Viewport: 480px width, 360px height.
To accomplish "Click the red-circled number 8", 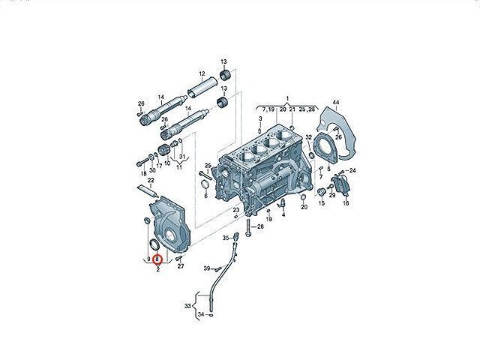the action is [x=157, y=259].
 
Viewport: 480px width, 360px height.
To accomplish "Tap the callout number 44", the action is [x=336, y=102].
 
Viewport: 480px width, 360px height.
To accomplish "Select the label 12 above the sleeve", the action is [x=202, y=73].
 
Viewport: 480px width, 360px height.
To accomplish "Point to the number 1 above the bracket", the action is [x=287, y=98].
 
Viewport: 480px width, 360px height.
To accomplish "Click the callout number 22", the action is [x=151, y=180].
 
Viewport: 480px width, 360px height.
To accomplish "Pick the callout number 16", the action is [x=346, y=203].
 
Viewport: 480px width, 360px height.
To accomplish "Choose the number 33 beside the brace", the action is [x=187, y=306].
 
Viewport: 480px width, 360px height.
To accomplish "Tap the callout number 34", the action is [x=201, y=314].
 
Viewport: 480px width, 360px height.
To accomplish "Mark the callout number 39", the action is [x=207, y=268].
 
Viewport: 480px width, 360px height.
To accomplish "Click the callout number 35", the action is [x=226, y=238].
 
